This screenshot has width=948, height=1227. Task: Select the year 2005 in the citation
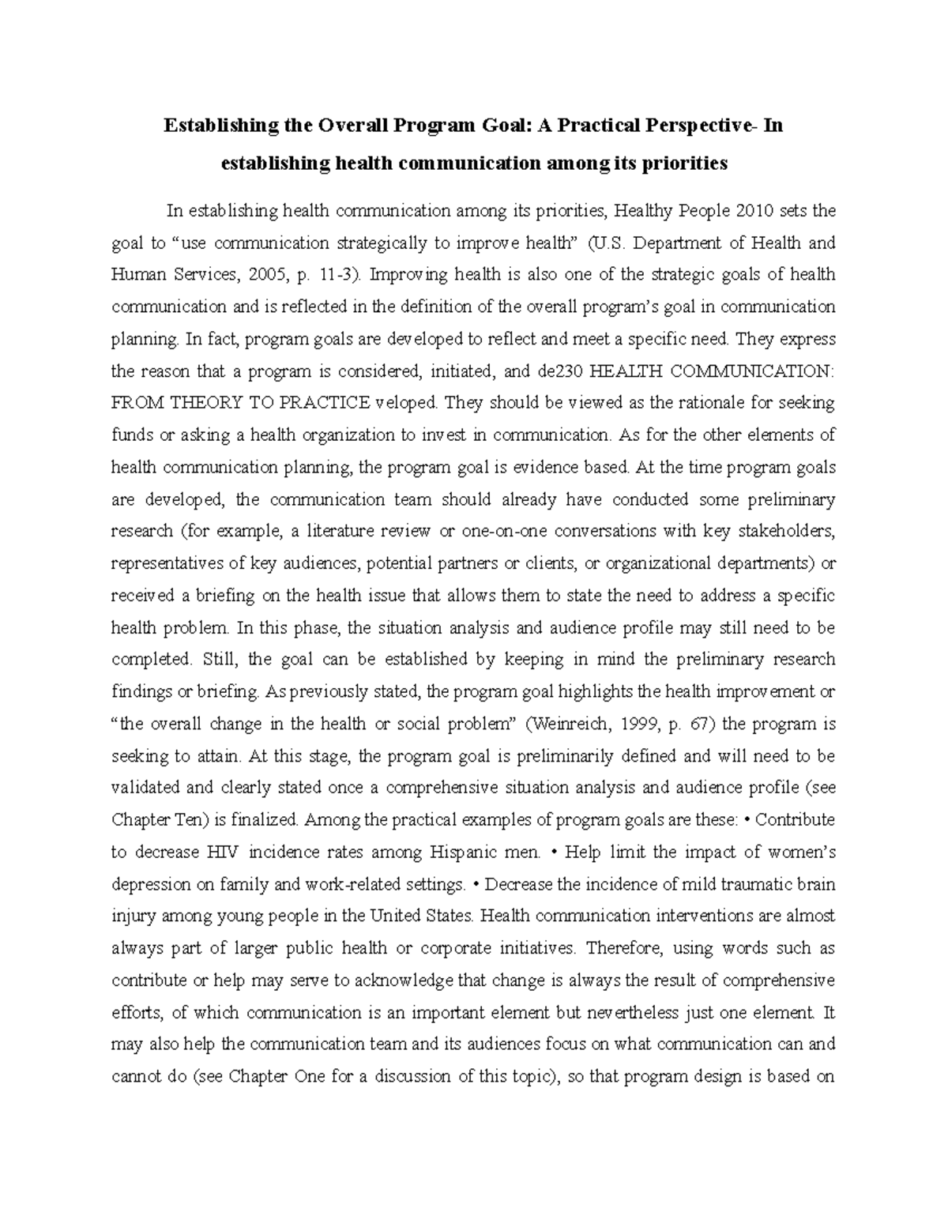point(265,275)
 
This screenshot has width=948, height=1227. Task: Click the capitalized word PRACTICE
point(325,403)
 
